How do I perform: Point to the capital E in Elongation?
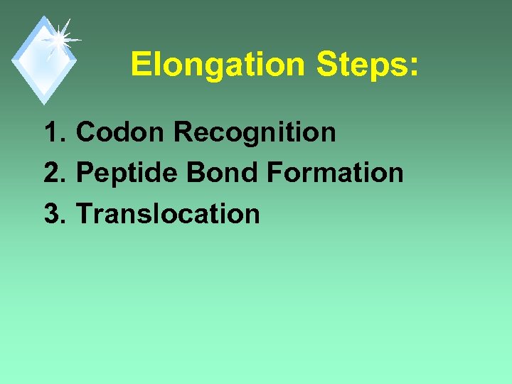(139, 65)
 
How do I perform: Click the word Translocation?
(168, 213)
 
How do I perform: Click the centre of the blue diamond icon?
(44, 60)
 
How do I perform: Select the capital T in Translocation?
(83, 213)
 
